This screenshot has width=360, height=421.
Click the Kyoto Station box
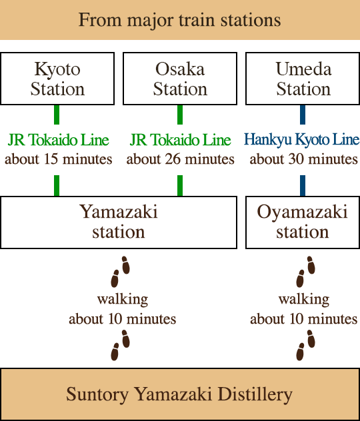57,79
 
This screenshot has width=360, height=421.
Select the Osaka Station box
180,79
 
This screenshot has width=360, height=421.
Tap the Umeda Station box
303,79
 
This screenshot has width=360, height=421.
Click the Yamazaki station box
119,222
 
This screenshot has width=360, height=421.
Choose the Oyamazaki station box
303,222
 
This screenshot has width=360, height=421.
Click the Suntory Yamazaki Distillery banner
180,394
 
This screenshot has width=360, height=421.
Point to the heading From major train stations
180,19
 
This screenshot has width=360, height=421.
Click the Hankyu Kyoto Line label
302,140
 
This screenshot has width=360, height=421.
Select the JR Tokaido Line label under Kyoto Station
59,140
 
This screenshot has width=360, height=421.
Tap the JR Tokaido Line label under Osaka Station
180,140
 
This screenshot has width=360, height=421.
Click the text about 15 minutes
59,159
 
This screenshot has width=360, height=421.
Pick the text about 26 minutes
180,159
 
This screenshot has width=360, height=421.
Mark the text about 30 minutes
303,159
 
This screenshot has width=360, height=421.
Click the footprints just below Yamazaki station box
120,269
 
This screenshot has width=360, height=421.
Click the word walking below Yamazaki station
122,299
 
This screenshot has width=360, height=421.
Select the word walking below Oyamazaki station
303,299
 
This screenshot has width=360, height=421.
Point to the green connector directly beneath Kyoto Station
57,115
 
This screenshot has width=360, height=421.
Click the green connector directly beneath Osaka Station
180,115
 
